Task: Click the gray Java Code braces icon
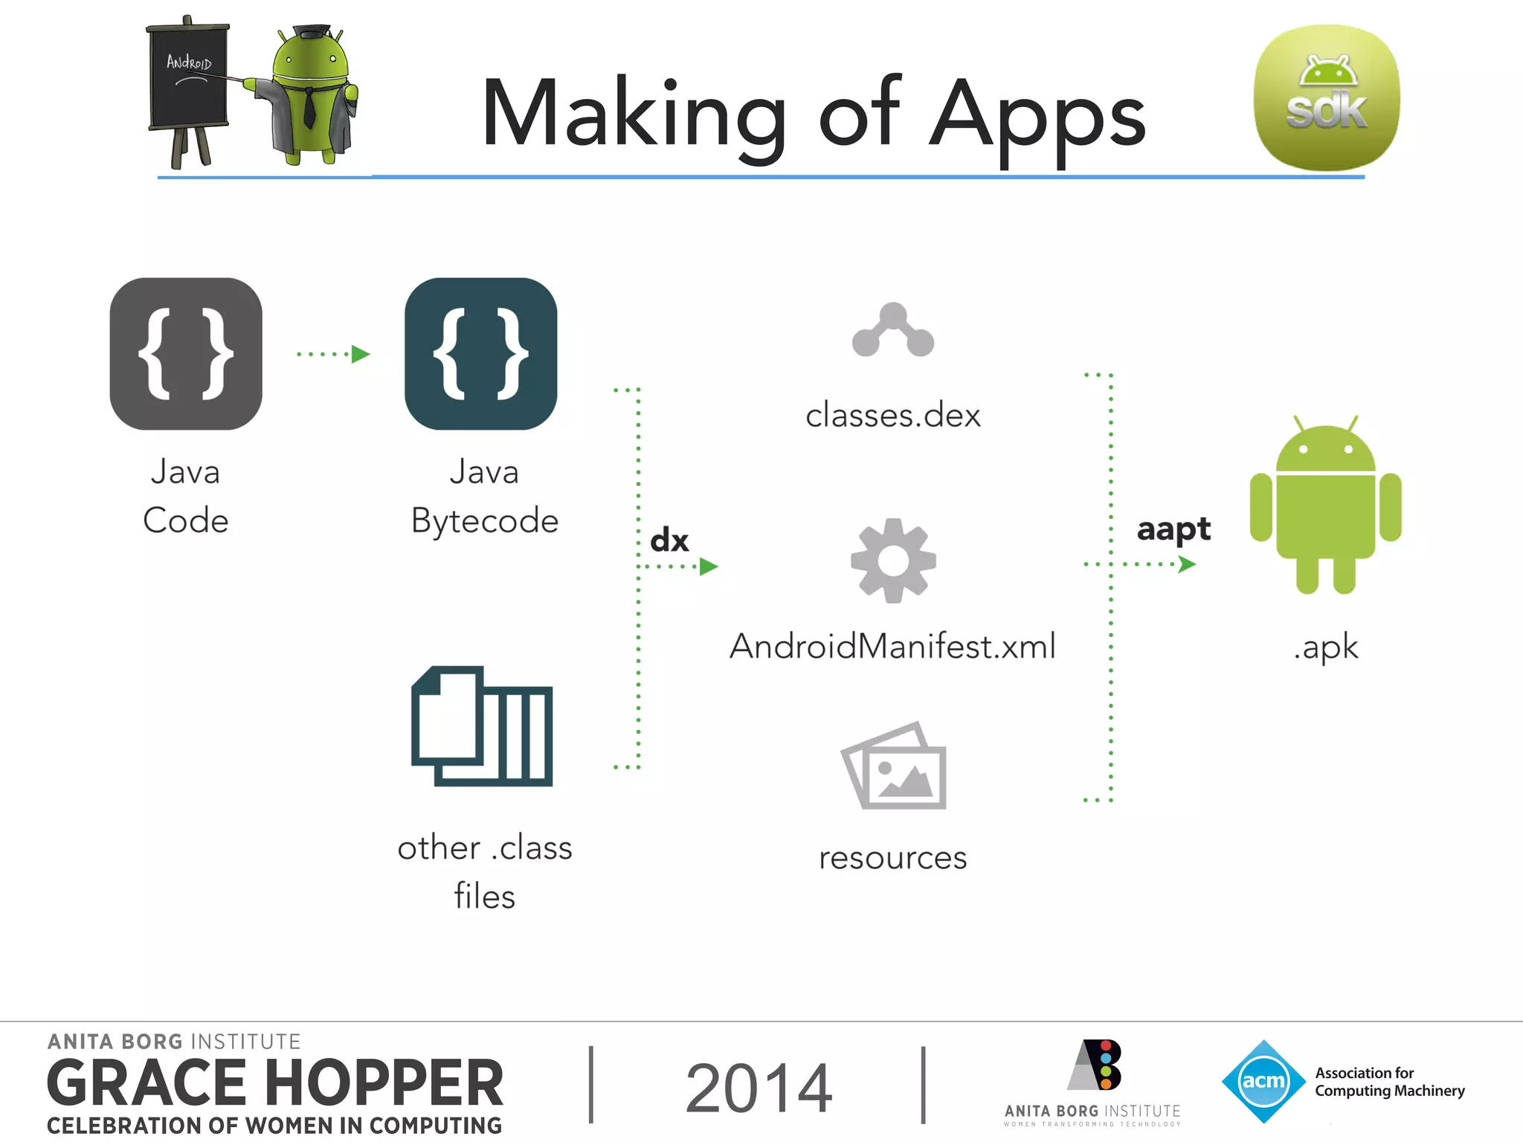tap(186, 354)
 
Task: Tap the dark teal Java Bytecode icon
tap(481, 354)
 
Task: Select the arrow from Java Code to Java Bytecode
tap(334, 354)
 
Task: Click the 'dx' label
tap(669, 540)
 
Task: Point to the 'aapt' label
tap(1173, 529)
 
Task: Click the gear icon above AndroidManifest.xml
tap(893, 561)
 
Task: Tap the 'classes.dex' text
tap(893, 415)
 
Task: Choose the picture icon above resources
tap(894, 766)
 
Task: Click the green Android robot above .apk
tap(1325, 506)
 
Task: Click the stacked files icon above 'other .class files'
tap(482, 726)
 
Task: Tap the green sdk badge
tap(1327, 98)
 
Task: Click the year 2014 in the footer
tap(759, 1088)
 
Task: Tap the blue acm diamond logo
tap(1263, 1081)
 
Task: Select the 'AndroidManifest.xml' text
tap(892, 646)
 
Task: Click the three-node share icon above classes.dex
tap(893, 330)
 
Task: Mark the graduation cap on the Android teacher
tap(312, 31)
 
